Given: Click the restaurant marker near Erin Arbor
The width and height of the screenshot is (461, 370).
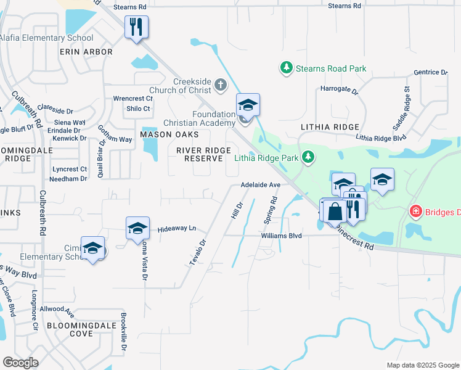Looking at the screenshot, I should click(x=136, y=27).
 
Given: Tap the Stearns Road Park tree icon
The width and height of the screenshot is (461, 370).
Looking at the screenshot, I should click(x=286, y=68).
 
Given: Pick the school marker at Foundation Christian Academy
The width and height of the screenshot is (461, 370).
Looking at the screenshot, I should click(x=248, y=104).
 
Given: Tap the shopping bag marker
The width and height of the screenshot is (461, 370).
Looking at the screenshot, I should click(x=334, y=211).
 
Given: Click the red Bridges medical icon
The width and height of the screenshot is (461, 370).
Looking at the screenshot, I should click(x=416, y=212).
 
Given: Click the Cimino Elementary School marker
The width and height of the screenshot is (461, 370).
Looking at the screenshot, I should click(x=92, y=248).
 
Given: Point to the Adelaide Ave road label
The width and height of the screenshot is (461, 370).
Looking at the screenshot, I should click(x=261, y=184).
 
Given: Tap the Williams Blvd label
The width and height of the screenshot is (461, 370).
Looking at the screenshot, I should click(x=281, y=236).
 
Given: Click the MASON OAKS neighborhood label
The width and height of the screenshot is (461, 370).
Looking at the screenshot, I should click(x=169, y=134).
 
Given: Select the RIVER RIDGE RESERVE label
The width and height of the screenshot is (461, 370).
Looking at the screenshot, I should click(x=199, y=154).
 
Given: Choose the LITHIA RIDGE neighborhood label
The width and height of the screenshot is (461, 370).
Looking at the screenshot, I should click(x=330, y=126).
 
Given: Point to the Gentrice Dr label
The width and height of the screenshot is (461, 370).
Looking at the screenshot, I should click(x=431, y=72).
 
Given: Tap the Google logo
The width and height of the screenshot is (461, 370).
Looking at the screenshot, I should click(x=21, y=362).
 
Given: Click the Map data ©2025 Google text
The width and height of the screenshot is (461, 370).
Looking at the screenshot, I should click(x=422, y=365).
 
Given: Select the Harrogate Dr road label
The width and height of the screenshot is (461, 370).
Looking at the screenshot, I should click(x=339, y=89).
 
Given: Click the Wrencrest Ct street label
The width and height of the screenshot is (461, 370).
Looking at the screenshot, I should click(x=133, y=99).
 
